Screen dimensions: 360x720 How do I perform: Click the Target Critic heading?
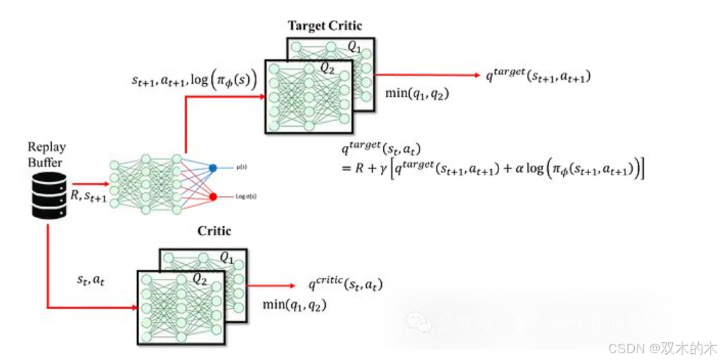click(x=325, y=26)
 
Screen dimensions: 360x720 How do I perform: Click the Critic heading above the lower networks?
click(x=214, y=231)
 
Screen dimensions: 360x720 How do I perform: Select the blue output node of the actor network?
click(x=213, y=167)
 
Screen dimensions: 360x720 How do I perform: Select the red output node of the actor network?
click(x=213, y=196)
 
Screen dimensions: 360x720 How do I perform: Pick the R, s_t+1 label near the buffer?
click(x=88, y=196)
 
